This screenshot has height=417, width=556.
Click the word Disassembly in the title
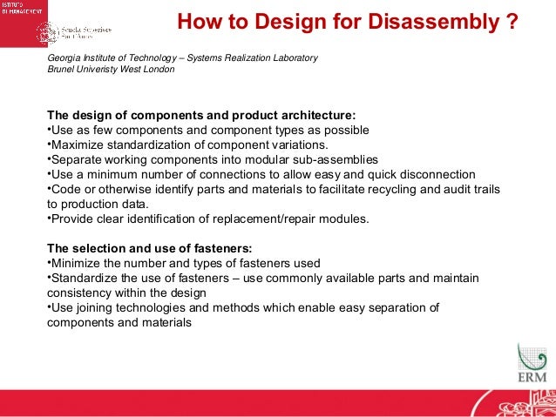pos(433,19)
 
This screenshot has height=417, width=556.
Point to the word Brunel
pos(62,71)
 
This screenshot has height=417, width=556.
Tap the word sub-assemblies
pos(309,159)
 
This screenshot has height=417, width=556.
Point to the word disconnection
pos(432,174)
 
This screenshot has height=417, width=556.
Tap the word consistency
pos(79,293)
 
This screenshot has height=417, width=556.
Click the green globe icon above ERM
pos(531,356)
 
